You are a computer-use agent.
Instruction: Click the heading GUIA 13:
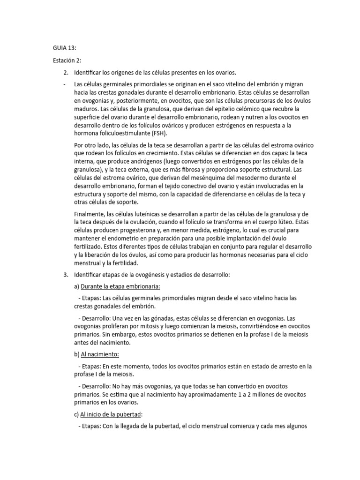pyautogui.click(x=64, y=48)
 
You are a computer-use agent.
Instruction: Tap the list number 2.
pyautogui.click(x=65, y=72)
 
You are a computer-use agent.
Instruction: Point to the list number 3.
pyautogui.click(x=65, y=274)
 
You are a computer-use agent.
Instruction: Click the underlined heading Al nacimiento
pyautogui.click(x=100, y=354)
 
